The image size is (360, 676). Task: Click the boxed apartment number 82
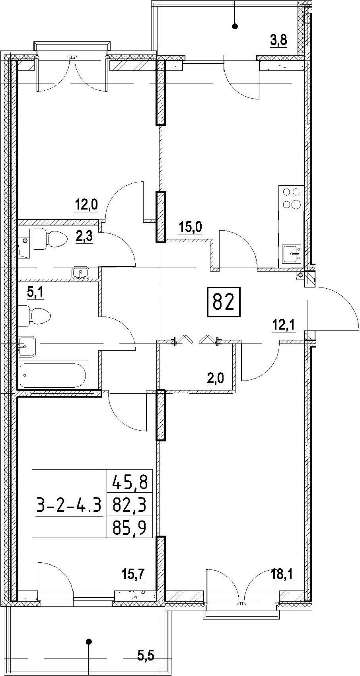coord(224,302)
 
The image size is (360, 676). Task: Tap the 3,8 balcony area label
coord(278,39)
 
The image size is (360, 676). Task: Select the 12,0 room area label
coord(86,205)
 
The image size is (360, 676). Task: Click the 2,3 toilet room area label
coord(84,237)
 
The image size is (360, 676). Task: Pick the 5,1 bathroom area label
coord(35,293)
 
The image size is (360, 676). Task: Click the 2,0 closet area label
coord(215,378)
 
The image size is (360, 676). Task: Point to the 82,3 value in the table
coord(129,505)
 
